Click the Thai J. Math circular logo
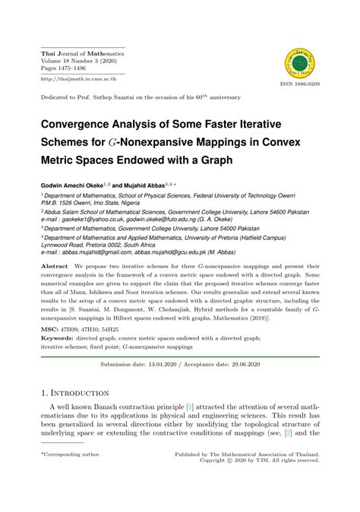click(300, 62)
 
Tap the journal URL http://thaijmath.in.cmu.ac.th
click(74, 78)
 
